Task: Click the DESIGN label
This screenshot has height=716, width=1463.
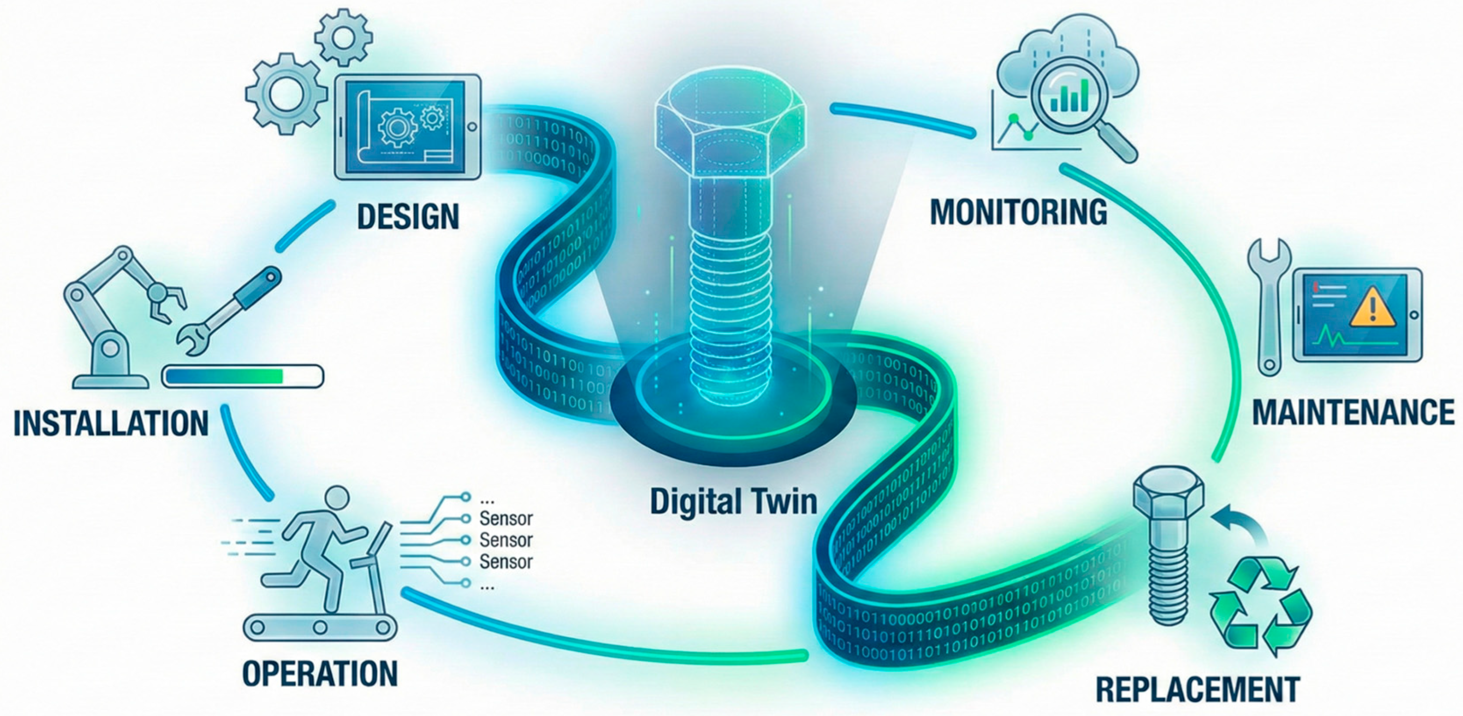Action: click(408, 217)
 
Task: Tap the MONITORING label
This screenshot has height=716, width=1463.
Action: click(1018, 212)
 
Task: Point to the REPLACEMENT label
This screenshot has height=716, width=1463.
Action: click(1197, 689)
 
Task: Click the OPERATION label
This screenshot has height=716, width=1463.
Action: click(320, 674)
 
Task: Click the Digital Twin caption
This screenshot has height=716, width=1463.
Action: click(733, 502)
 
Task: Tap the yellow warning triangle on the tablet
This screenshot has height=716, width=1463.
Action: click(1372, 309)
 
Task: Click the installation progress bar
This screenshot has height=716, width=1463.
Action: click(242, 376)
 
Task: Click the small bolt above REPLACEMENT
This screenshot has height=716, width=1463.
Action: click(1167, 546)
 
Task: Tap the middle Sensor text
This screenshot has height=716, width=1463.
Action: click(506, 540)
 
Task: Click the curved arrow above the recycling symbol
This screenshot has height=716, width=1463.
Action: click(1238, 520)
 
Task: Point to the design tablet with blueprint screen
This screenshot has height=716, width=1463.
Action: click(407, 128)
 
